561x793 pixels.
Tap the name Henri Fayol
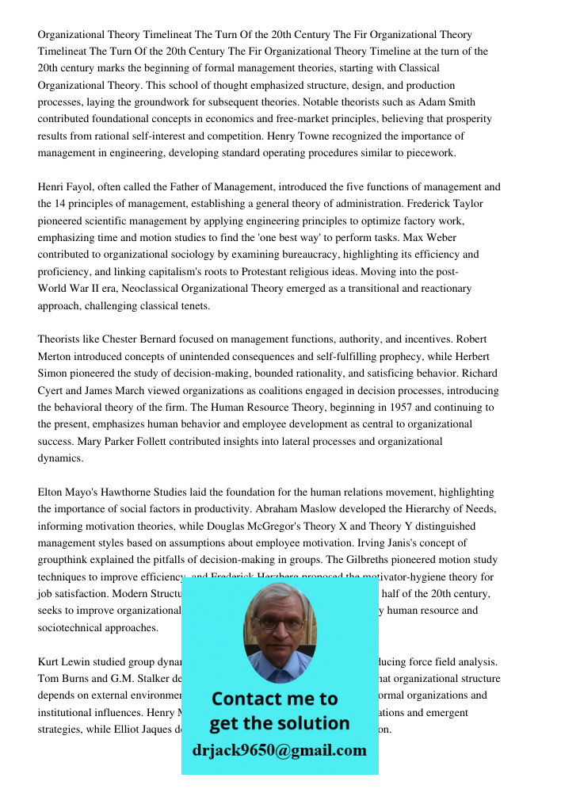pos(66,187)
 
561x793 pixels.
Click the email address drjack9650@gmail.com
pos(280,749)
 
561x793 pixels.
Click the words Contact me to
pos(275,699)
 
